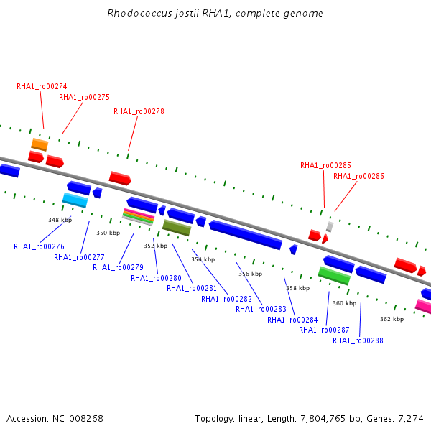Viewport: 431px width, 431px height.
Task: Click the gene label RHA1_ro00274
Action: coord(42,87)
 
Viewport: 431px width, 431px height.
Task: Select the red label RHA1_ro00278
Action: coord(139,111)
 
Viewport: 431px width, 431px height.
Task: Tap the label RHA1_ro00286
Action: coord(358,176)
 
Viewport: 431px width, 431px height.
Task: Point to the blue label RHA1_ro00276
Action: coord(39,246)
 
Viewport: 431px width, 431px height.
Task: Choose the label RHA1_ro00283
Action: coord(261,309)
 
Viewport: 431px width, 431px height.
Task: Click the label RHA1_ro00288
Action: coord(358,340)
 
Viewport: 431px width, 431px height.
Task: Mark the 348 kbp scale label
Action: coord(60,220)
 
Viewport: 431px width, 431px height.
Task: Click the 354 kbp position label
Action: coord(203,259)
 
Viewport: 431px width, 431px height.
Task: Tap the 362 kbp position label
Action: coord(392,319)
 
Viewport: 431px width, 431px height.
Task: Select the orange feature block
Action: coord(40,144)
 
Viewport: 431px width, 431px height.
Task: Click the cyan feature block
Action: coord(75,200)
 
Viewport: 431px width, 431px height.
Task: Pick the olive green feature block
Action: coord(177,228)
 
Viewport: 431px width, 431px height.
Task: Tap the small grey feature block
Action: coord(330,227)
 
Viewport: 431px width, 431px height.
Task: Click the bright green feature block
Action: coord(334,276)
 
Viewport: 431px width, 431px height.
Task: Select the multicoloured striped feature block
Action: coord(138,217)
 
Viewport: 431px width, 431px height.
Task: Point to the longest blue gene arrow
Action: coord(246,235)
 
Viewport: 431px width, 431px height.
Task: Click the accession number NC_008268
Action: coord(78,419)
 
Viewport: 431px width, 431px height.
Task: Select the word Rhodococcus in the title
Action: coord(139,13)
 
